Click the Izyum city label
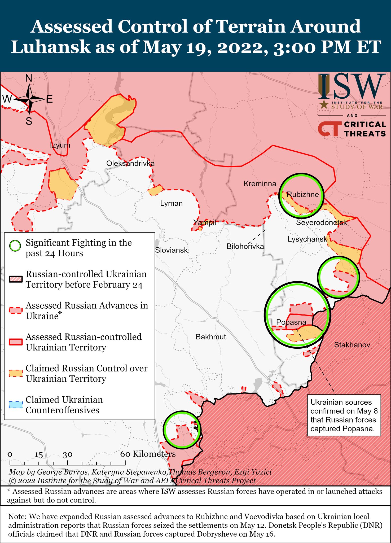pos(60,145)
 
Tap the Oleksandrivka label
pos(130,163)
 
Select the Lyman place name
pos(171,203)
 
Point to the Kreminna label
pos(260,183)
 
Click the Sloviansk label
pos(171,250)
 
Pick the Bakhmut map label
pos(211,337)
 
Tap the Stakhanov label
pos(352,345)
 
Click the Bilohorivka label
pos(245,247)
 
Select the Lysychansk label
pos(307,239)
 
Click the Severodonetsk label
pos(321,222)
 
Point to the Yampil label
pos(205,222)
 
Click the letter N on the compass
pos(29,78)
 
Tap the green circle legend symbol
pos(15,246)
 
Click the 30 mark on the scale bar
pos(67,454)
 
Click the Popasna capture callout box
pos(344,415)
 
